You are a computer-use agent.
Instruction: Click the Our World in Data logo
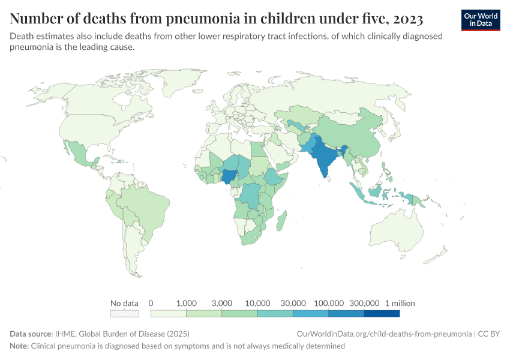[481, 19]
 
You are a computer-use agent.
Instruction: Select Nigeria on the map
[229, 176]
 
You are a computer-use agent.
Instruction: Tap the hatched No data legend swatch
[124, 313]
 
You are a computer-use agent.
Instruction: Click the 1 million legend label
[400, 303]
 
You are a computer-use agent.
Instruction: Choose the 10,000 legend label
[257, 303]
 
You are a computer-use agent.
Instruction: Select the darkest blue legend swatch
[382, 313]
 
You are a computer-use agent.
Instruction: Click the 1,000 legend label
[187, 303]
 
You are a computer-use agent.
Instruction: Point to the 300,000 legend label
[364, 303]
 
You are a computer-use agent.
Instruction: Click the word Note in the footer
[19, 346]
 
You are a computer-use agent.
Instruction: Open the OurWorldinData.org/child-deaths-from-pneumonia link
[384, 334]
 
